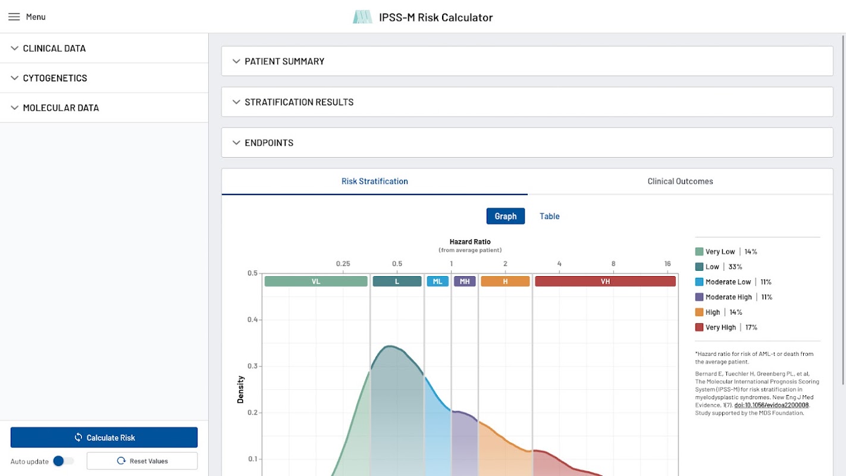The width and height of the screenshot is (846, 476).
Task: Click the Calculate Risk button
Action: (x=104, y=437)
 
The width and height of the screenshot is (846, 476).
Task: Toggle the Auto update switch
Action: (x=62, y=461)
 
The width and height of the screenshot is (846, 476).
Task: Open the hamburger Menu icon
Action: (x=14, y=17)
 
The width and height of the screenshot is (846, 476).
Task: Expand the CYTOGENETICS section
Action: (x=55, y=78)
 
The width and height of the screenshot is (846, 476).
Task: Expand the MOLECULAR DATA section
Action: (x=61, y=108)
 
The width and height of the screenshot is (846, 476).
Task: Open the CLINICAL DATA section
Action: (x=54, y=48)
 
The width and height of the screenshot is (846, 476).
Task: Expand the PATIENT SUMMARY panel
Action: (x=284, y=61)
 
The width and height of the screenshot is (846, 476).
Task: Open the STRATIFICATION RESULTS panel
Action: (x=299, y=102)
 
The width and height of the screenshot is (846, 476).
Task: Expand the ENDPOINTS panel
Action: (x=269, y=143)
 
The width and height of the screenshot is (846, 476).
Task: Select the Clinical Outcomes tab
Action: (x=680, y=181)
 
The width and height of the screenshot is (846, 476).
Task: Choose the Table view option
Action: (x=549, y=216)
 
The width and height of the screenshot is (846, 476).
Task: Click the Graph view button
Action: (x=505, y=216)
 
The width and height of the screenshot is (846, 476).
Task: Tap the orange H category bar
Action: (x=505, y=281)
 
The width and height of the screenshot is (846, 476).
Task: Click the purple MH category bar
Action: (x=465, y=281)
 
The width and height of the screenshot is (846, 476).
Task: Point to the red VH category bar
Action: (x=605, y=281)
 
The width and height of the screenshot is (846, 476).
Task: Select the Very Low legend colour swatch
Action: (x=699, y=252)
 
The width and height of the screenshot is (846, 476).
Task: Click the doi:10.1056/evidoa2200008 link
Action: (x=771, y=405)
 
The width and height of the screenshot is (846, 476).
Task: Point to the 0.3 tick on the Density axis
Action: (x=252, y=366)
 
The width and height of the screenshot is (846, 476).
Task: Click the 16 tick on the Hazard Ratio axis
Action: (x=668, y=264)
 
